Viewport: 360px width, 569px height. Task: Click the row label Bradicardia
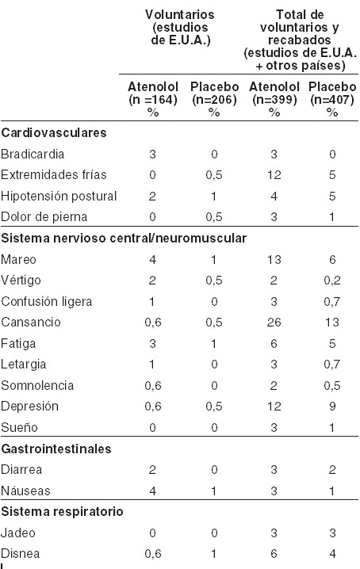33,155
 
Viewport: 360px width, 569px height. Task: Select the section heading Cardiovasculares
54,133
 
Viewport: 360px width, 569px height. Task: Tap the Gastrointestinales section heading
56,449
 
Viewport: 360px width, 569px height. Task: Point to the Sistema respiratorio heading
62,512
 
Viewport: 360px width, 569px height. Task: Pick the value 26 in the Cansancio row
274,323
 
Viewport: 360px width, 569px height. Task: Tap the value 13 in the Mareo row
274,259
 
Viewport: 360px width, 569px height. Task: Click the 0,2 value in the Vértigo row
332,281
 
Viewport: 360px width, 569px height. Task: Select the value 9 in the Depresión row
332,407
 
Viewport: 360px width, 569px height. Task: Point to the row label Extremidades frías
54,175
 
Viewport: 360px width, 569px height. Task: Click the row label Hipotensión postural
59,196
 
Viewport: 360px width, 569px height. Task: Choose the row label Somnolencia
37,385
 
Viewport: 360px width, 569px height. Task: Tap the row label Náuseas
25,491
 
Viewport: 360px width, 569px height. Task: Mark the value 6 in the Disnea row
274,554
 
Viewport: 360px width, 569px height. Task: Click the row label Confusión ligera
47,302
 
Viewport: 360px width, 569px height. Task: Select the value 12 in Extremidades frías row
274,175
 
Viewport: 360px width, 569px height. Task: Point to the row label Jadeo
18,533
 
